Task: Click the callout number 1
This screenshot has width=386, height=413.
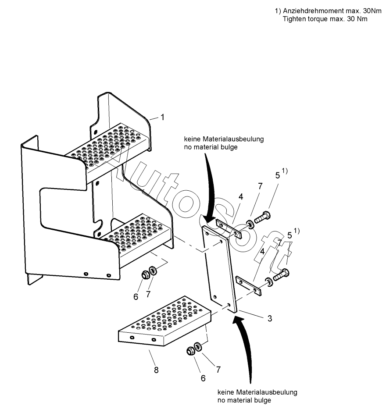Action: point(162,117)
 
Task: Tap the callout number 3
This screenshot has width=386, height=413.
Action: point(270,318)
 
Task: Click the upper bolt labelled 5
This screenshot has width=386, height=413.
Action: point(262,217)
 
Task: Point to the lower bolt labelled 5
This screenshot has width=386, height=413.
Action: point(281,275)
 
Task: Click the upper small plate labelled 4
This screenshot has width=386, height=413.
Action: point(229,229)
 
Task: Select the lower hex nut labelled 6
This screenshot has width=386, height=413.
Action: point(190,351)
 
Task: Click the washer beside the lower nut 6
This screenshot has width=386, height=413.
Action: point(198,347)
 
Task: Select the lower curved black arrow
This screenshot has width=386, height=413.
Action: point(246,346)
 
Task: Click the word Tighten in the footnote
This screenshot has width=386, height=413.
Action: point(293,19)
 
